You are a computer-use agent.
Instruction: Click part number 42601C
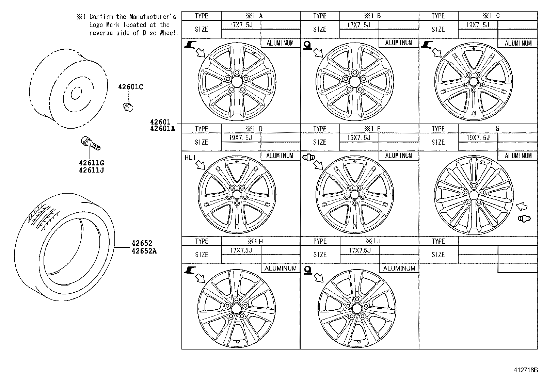[x=130, y=87]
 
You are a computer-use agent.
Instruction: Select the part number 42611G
[x=91, y=163]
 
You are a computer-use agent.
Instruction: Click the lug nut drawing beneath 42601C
[x=128, y=107]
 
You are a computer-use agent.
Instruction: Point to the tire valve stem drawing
[x=90, y=143]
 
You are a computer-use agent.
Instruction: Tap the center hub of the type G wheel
[x=473, y=195]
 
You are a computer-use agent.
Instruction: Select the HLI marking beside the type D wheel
[x=190, y=158]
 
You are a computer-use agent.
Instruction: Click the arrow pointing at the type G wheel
[x=522, y=206]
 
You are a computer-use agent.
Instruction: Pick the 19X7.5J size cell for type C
[x=478, y=25]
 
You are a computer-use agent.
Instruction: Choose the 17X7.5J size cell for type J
[x=359, y=250]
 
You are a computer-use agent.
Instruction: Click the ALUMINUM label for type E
[x=398, y=156]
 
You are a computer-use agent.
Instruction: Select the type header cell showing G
[x=497, y=129]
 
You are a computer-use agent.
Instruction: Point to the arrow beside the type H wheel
[x=201, y=278]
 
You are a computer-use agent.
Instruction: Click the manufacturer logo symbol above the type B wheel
[x=307, y=45]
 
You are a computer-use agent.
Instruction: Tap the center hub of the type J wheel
[x=357, y=309]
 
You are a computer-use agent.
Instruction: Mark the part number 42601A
[x=162, y=129]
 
